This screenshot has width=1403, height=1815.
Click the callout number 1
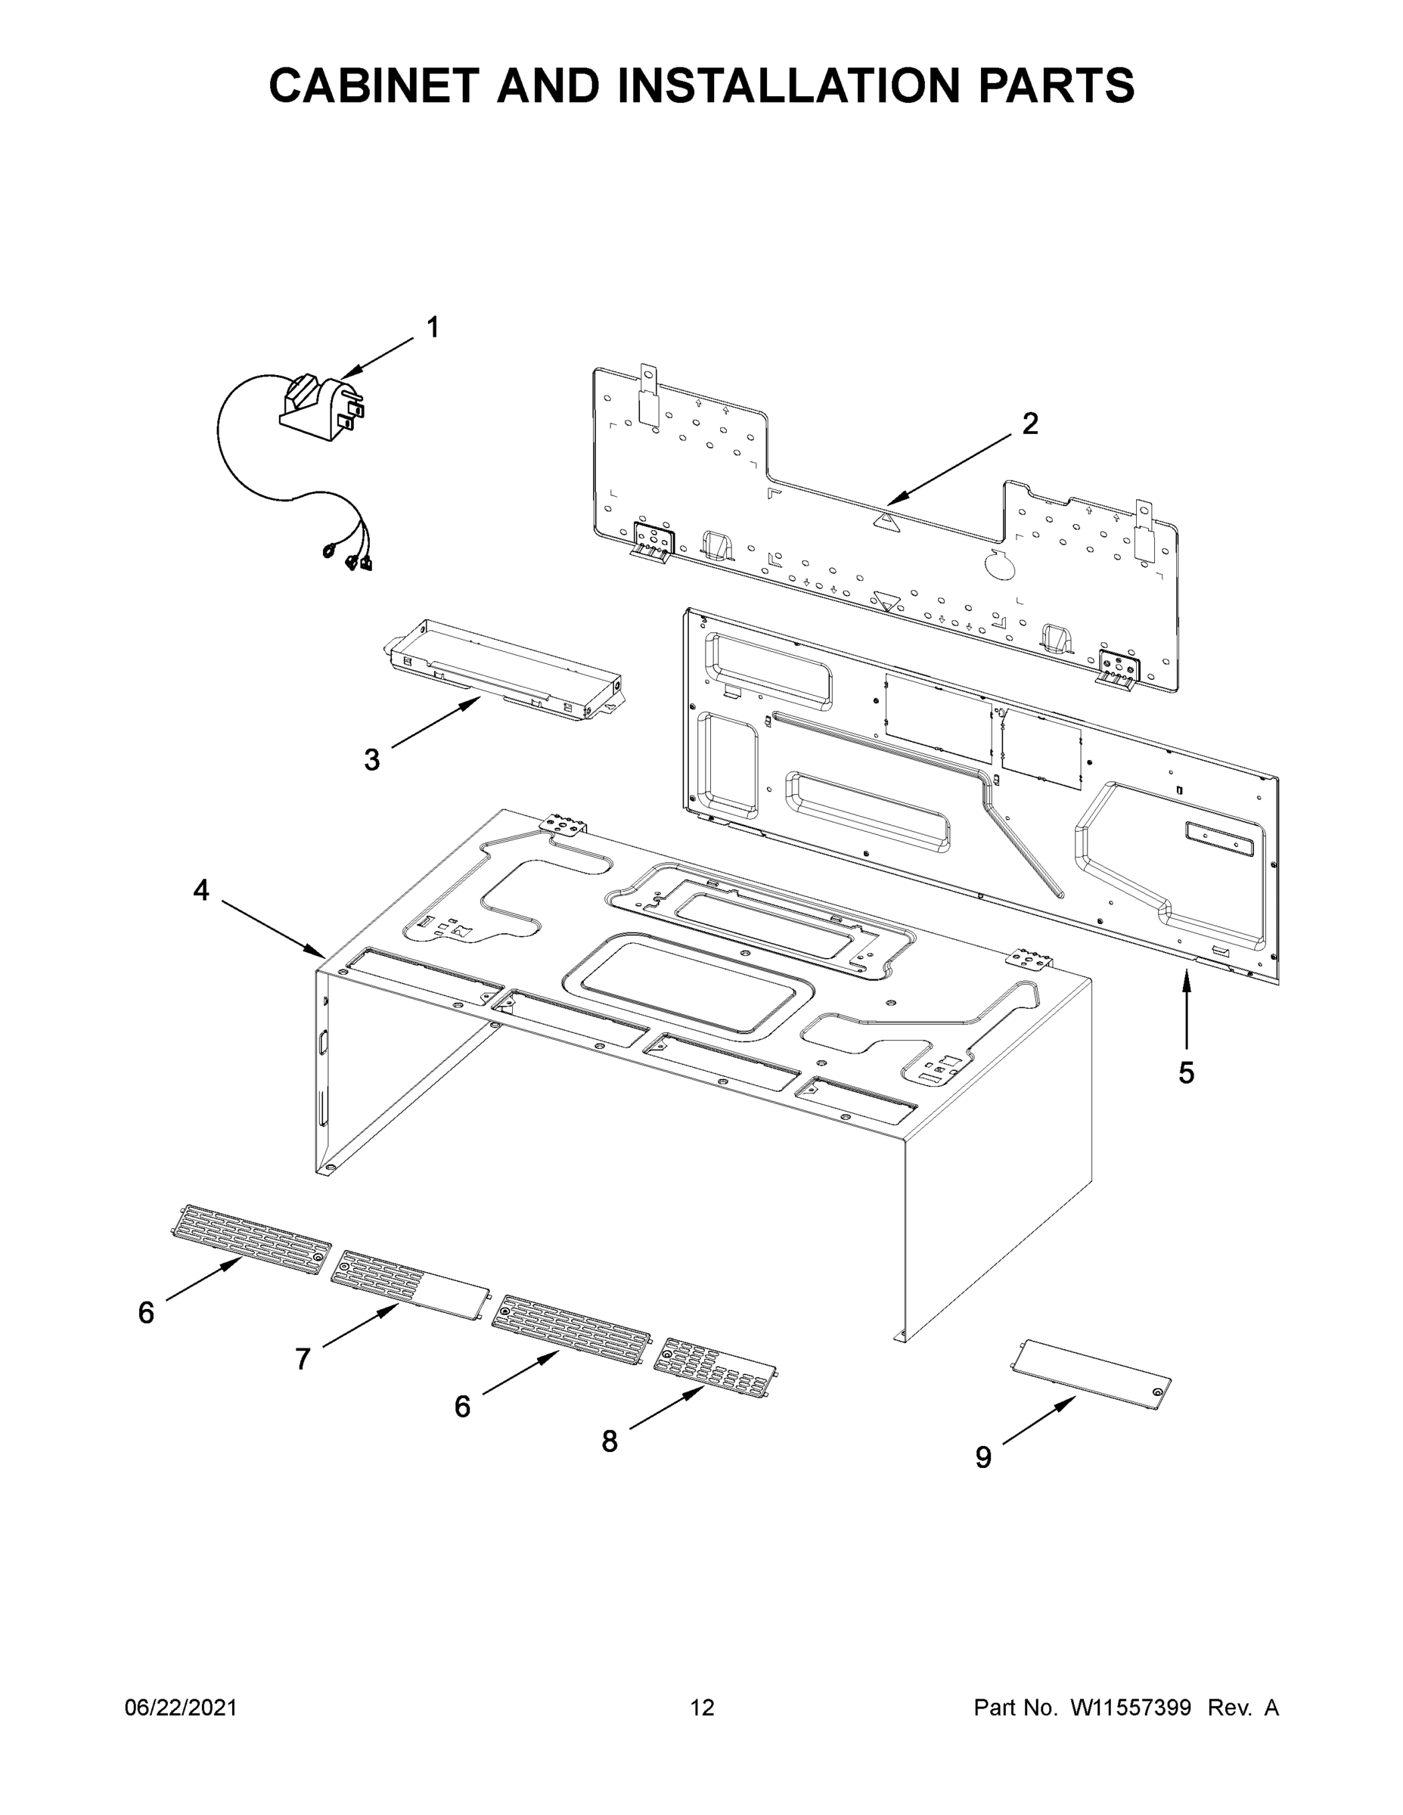[432, 327]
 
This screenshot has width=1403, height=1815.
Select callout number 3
[371, 759]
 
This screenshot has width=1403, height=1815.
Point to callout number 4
[201, 891]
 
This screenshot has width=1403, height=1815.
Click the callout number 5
[1186, 1073]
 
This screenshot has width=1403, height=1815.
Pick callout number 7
[303, 1359]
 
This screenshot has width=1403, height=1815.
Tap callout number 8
[610, 1441]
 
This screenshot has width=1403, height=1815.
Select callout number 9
[983, 1457]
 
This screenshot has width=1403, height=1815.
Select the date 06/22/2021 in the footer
[180, 1707]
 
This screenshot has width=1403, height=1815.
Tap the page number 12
[702, 1707]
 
